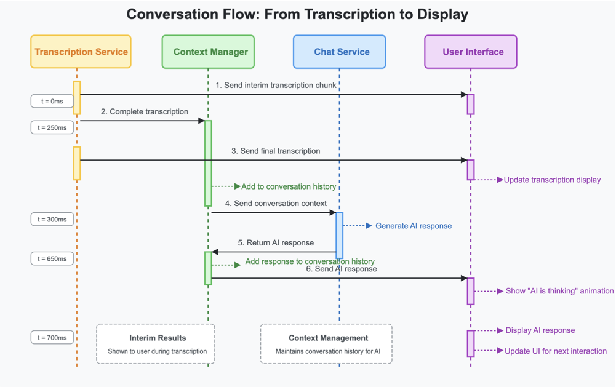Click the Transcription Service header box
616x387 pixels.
tap(81, 52)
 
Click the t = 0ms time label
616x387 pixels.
tap(52, 101)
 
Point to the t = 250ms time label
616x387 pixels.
tap(52, 127)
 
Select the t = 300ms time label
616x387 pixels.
tap(52, 219)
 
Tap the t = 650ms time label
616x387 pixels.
tap(52, 258)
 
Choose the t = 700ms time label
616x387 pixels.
tap(52, 337)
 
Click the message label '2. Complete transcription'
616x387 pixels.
tap(145, 112)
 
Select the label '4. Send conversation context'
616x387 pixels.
tap(276, 204)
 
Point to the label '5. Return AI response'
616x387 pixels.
tap(276, 243)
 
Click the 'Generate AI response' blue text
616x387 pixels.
tap(414, 226)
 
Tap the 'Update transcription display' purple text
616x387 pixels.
tap(552, 180)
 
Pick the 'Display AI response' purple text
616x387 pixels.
tap(540, 330)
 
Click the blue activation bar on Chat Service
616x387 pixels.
tap(339, 235)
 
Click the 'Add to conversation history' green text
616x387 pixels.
tap(289, 186)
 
